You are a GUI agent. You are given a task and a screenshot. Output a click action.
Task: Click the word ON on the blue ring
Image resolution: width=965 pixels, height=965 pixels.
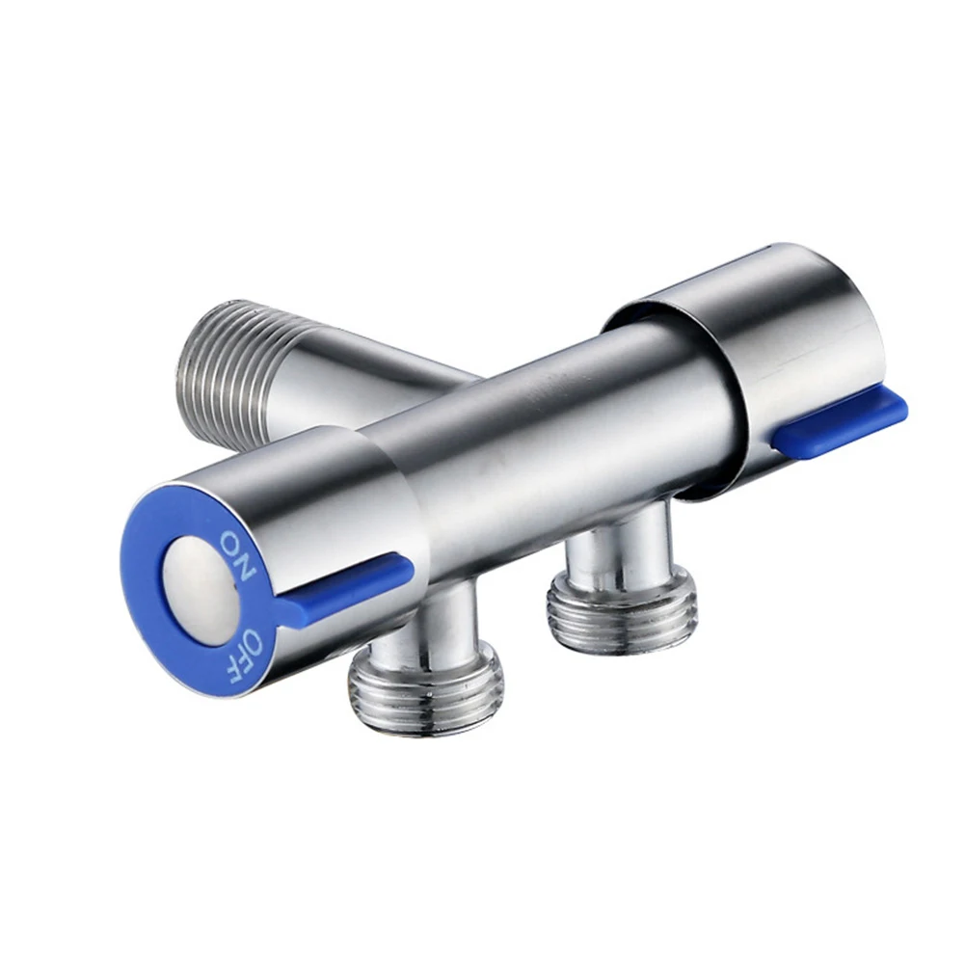coord(235,556)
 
